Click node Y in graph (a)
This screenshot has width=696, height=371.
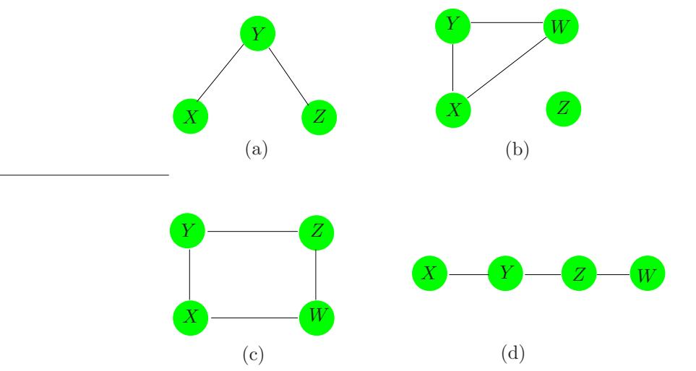pos(257,33)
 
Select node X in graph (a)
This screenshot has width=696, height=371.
pos(192,116)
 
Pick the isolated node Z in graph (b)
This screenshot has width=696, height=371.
pos(564,108)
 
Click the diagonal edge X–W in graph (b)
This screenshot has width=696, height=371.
pos(508,67)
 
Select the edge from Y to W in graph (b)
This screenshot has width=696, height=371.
pos(507,22)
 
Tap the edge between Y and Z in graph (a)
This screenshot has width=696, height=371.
pos(288,74)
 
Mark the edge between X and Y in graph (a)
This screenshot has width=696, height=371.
pos(225,74)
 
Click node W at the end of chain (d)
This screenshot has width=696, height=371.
pos(647,275)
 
